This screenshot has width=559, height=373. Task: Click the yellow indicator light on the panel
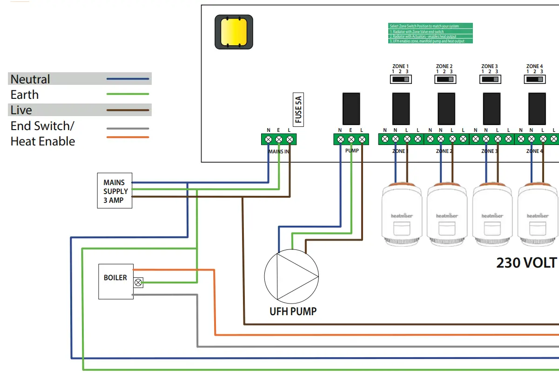pos(234,32)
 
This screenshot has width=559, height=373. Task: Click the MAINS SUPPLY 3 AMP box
pos(114,191)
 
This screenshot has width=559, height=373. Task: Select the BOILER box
pos(115,281)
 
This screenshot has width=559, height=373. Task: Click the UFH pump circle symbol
pos(291,277)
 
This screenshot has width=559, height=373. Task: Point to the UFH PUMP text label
pos(293,311)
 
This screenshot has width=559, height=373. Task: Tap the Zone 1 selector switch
pos(400,80)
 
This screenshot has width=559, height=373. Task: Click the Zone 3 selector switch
pos(491,80)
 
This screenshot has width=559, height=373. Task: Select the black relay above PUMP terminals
pos(351,108)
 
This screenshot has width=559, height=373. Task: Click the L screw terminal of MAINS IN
pos(290,139)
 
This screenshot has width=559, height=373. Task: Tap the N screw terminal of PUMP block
pos(340,139)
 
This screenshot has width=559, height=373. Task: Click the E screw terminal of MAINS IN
pos(279,139)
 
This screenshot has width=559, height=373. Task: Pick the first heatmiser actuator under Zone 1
pos(402,214)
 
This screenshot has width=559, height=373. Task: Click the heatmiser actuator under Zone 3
pos(492,214)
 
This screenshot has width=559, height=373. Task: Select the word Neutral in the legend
pos(30,79)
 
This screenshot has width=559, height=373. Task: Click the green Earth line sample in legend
pos(128,94)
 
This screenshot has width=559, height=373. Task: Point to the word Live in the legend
pos(21,110)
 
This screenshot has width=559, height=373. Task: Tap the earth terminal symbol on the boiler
pos(138,283)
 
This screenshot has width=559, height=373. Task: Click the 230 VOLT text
pos(527,263)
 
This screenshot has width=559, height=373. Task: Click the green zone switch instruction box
pos(431,34)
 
